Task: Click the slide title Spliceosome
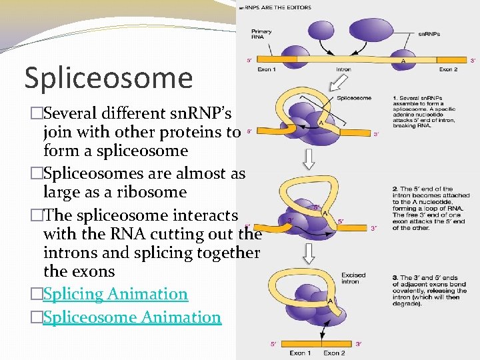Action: (109, 78)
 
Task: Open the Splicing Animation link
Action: (115, 294)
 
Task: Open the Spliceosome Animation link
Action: (131, 317)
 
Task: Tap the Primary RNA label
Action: (261, 35)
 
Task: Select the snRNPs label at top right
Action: (429, 33)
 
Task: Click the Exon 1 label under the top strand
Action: (267, 69)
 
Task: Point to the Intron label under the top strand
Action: (343, 69)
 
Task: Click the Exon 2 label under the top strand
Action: (448, 69)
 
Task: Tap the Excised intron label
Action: (353, 278)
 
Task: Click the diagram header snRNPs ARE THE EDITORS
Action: (275, 7)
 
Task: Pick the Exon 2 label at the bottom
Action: (335, 353)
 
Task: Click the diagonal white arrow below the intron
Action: (339, 83)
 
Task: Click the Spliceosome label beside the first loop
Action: (354, 98)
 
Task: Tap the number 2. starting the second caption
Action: (395, 189)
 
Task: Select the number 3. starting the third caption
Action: (395, 277)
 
